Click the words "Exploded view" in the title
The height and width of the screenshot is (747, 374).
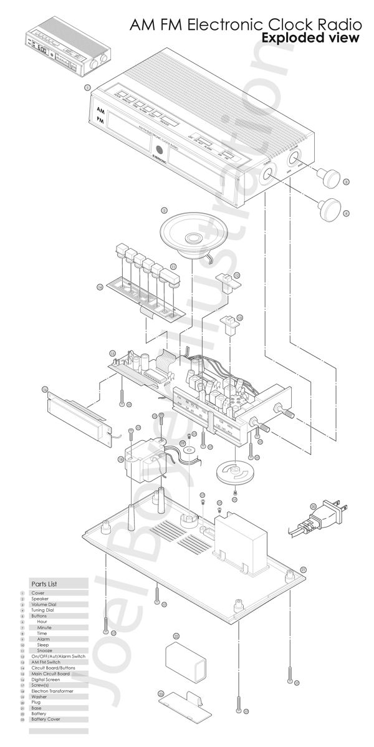click(310, 39)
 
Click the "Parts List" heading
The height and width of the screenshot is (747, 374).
click(44, 584)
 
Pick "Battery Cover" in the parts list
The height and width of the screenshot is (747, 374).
click(46, 720)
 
